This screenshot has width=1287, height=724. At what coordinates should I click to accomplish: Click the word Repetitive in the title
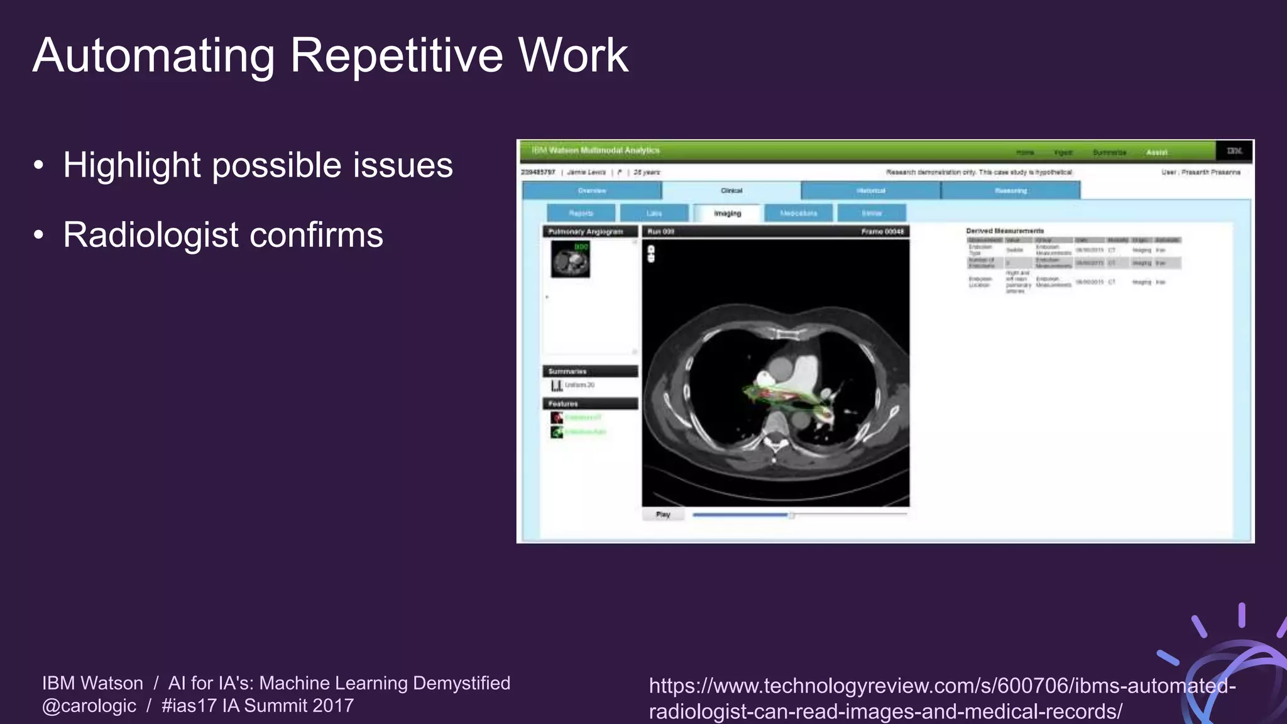396,55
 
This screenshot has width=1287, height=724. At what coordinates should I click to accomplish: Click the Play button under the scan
663,515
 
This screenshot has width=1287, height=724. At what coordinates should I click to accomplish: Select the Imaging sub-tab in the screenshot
727,214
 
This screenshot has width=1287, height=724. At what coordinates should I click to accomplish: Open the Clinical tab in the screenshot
731,190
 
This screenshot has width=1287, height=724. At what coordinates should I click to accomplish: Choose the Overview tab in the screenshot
591,190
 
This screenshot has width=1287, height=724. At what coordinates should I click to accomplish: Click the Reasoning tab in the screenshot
1010,190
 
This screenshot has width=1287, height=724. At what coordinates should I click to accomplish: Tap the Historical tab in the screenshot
870,190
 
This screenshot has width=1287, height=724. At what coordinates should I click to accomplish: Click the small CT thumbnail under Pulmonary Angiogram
571,260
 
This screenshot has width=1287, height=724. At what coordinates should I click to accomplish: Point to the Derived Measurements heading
1005,231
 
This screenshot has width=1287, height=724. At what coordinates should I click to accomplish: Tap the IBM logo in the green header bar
1234,151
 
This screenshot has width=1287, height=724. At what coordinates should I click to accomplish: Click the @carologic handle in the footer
89,706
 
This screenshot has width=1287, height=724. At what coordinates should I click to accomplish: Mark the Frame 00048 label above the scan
882,232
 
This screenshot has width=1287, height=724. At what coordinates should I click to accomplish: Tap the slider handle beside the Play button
792,515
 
